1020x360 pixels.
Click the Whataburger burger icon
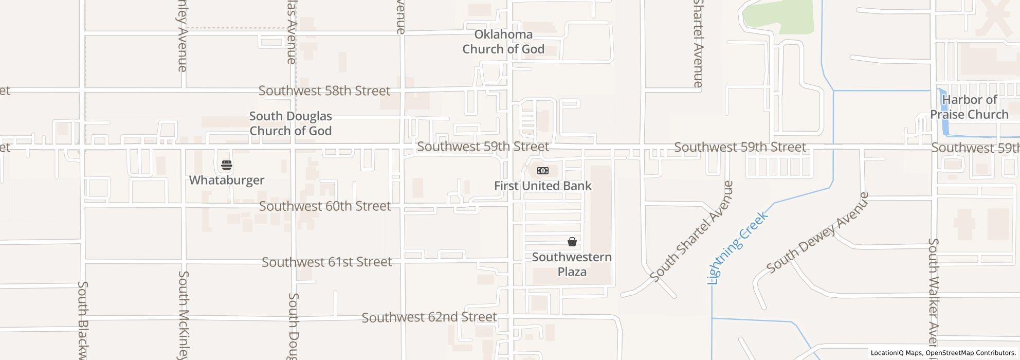pos(227,165)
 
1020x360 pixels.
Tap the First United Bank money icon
pos(543,171)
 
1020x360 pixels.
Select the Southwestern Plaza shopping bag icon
pos(572,241)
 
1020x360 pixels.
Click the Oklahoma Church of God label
pos(503,42)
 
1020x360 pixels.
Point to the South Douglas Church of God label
pos(290,123)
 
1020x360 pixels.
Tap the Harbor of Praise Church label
pos(970,107)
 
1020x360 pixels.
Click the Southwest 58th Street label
pos(324,91)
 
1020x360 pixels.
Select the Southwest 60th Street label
pos(325,206)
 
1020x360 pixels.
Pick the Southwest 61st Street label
pos(327,262)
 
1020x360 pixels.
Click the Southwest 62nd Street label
pos(429,317)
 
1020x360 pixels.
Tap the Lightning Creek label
pos(738,247)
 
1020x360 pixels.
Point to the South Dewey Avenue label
pos(817,232)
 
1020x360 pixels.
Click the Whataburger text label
pos(227,180)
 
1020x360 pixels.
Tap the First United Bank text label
pos(543,186)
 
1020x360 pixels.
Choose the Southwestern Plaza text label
pos(572,264)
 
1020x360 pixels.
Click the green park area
pos(779,15)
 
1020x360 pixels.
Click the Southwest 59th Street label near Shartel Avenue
pos(740,147)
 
